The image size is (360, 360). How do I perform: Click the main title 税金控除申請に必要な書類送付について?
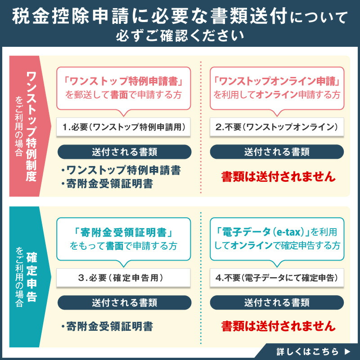click(x=180, y=17)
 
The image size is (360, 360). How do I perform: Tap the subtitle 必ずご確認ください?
click(x=180, y=35)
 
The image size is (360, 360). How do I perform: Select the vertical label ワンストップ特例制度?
click(x=31, y=126)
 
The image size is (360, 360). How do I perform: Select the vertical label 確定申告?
click(x=31, y=279)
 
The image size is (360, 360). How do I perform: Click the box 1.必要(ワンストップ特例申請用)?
click(x=124, y=127)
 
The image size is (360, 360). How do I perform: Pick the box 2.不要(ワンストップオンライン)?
click(x=277, y=127)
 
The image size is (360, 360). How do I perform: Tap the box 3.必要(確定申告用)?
click(x=124, y=278)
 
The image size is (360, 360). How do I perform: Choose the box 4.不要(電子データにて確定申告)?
click(x=277, y=278)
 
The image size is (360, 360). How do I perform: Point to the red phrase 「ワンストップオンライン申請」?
click(x=277, y=82)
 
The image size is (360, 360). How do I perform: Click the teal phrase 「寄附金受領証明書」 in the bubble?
click(x=124, y=233)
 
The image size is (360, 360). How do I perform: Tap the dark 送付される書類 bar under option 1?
click(x=124, y=152)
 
